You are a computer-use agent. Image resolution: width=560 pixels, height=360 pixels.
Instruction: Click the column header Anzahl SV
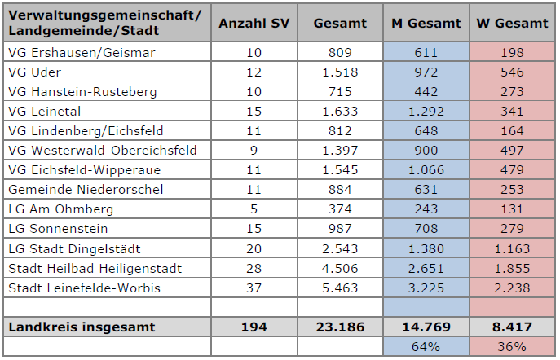254,24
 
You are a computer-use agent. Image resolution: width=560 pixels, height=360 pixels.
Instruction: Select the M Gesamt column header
426,24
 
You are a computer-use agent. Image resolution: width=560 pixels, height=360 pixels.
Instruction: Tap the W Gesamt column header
512,24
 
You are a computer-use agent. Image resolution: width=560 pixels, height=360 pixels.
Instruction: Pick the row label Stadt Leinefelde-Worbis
84,288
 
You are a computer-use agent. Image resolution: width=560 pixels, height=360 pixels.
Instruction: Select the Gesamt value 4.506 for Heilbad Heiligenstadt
340,268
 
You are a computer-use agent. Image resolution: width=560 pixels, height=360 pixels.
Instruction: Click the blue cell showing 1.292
426,112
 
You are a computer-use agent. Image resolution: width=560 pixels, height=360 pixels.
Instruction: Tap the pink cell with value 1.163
513,248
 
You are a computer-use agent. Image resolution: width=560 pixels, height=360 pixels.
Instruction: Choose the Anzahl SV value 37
254,288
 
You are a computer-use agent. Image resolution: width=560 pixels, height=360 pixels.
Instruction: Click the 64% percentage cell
426,346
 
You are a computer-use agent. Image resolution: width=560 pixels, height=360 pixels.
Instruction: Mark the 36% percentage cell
513,346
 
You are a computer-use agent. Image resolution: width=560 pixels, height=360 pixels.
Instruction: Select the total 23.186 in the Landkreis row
340,327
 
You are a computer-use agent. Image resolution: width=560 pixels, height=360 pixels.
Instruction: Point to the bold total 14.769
426,327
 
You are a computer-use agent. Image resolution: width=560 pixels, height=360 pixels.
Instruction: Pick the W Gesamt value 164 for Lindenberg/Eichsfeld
513,131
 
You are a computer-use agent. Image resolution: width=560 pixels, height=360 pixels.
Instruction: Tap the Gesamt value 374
340,209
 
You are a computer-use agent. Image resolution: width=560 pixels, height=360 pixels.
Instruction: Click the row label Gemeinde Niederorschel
86,190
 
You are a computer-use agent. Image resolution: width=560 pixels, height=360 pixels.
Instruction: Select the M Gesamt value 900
426,151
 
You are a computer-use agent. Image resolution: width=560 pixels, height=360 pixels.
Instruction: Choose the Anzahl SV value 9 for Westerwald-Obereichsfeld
254,151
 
